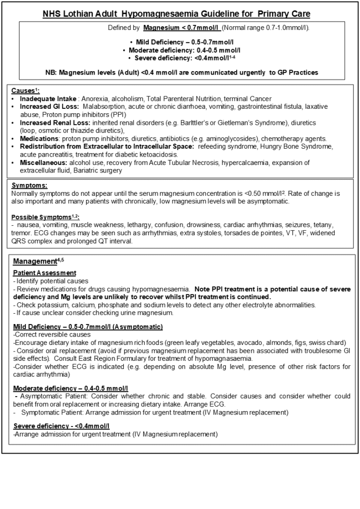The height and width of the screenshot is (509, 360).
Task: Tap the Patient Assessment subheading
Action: tap(45, 273)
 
